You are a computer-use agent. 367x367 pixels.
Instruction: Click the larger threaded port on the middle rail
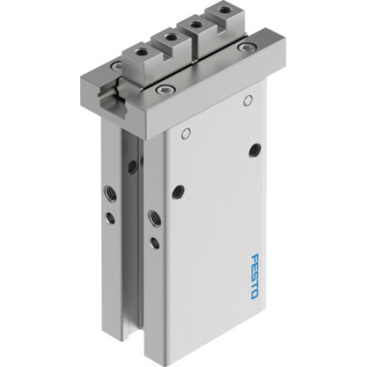point(154,217)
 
